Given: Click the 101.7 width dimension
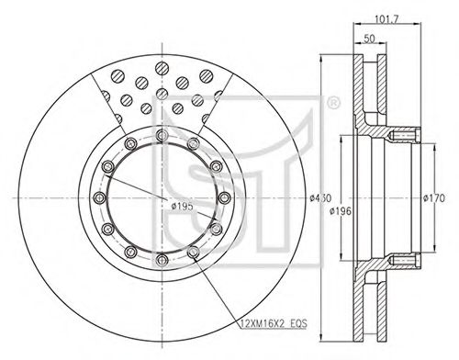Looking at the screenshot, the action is pos(386,19).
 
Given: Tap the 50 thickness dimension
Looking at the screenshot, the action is pos(369,39).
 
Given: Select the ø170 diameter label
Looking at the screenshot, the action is pos(434,198).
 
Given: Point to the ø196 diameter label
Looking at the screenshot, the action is pos(341,211).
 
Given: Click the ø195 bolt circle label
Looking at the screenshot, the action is pos(182,207).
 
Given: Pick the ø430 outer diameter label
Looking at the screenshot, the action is pos(320,198).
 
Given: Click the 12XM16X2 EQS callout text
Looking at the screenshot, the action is pos(274,323).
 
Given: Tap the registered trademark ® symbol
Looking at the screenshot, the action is pos(333,104).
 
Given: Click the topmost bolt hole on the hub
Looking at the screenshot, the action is pos(162,135).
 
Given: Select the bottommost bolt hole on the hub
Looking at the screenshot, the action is pos(162,261).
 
